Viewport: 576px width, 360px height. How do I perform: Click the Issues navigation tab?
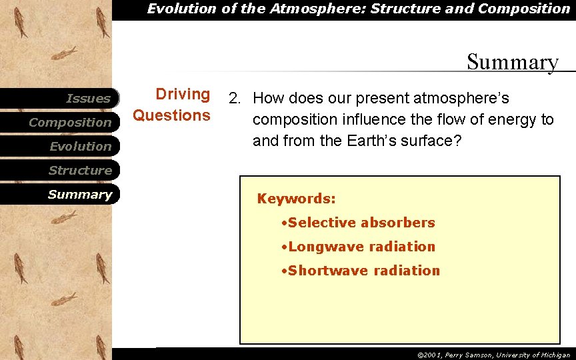click(x=88, y=99)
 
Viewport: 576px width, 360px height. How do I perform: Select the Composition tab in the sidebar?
click(x=70, y=123)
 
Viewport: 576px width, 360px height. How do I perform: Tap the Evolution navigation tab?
click(x=80, y=147)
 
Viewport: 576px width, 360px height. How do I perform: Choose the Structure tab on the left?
click(x=80, y=171)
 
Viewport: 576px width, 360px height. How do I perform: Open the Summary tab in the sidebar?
click(x=80, y=195)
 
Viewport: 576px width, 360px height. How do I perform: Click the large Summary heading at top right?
click(x=512, y=62)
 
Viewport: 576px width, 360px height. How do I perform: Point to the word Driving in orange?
click(x=183, y=95)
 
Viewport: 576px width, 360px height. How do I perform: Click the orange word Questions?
click(x=172, y=115)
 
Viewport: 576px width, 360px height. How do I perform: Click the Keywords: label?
click(x=297, y=199)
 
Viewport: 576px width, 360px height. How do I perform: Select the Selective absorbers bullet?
click(x=358, y=223)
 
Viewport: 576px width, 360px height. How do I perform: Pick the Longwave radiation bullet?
click(x=358, y=247)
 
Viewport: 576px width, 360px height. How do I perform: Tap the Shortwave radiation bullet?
click(x=361, y=271)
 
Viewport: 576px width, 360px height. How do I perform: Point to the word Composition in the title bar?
click(x=524, y=9)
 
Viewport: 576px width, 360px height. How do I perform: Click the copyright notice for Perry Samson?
click(x=493, y=355)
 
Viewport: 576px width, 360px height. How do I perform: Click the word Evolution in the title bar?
click(x=178, y=9)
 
